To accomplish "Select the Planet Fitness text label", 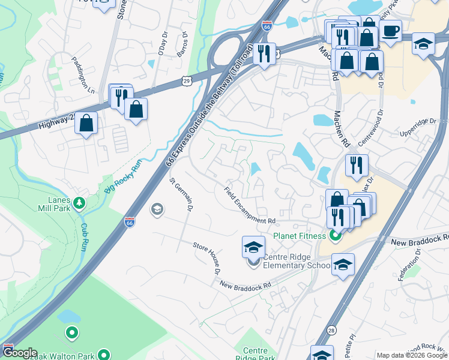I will [x=300, y=236].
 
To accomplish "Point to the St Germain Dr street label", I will [x=181, y=194].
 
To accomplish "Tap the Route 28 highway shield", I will [x=331, y=330].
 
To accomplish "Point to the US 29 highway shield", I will [x=188, y=80].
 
